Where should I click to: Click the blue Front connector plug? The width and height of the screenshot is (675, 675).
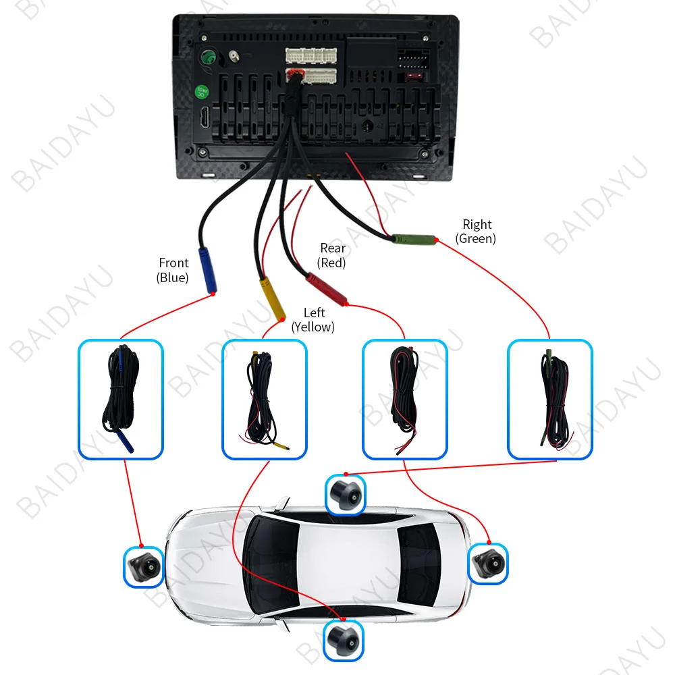point(207,271)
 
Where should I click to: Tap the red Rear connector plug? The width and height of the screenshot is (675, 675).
point(326,288)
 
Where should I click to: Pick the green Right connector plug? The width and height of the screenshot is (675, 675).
point(414,239)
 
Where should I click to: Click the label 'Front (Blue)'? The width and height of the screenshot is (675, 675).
point(173,270)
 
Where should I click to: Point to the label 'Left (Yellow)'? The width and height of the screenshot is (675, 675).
point(313,320)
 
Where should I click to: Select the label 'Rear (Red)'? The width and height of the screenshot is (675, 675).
point(332,255)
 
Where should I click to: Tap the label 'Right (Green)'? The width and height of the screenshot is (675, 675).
point(476,231)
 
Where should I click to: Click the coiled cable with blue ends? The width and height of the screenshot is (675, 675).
point(121,398)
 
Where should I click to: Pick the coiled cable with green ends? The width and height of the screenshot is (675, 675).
point(556,400)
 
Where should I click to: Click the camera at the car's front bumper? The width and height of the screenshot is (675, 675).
point(144,566)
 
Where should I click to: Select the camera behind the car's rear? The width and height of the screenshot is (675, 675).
point(488,563)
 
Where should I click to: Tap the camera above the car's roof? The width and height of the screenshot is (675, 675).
point(346,494)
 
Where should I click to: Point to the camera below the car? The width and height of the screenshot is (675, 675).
point(343,641)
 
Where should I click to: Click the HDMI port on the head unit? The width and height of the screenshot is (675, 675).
point(205,117)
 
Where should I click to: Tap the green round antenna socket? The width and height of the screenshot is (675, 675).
point(209,57)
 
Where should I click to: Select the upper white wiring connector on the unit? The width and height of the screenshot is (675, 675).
point(311,55)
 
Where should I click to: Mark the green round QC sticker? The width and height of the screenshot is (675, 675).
point(201,91)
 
